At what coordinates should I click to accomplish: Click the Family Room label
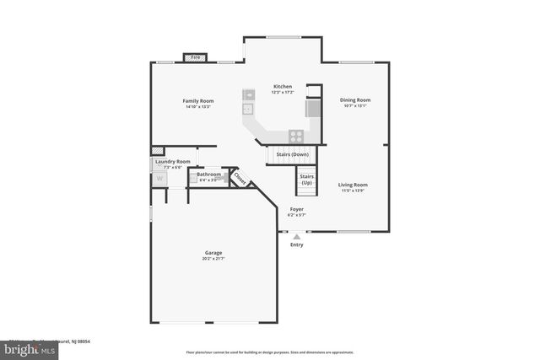197,100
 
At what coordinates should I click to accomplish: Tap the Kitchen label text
283,86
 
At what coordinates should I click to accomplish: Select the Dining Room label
356,99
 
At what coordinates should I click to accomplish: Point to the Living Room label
353,184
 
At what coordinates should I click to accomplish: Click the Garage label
213,252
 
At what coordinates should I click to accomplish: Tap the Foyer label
296,208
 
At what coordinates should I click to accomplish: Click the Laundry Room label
171,161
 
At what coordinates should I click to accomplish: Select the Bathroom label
209,174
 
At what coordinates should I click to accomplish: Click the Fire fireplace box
195,57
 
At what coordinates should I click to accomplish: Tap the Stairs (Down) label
293,154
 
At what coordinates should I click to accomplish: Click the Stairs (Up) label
306,180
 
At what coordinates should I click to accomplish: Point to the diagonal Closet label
239,179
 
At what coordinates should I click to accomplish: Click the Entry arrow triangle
296,237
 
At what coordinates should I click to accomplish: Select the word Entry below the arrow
296,244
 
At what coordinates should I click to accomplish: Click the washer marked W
159,179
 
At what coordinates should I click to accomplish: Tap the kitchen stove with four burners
296,135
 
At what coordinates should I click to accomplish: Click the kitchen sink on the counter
249,108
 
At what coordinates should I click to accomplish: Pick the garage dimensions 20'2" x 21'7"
213,259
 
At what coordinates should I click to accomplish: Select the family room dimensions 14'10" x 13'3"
197,107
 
